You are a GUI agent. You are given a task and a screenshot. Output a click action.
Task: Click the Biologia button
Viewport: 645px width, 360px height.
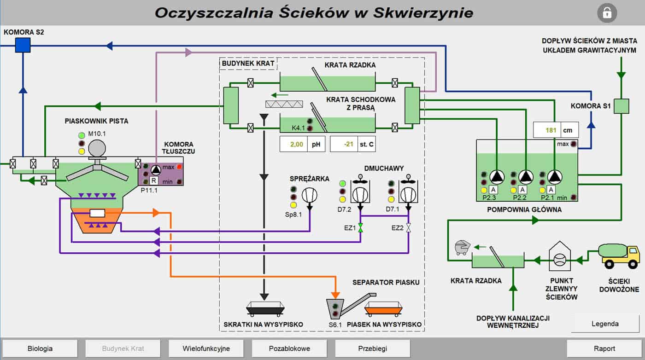[40, 348]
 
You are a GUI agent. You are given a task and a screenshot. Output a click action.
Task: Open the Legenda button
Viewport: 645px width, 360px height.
[605, 324]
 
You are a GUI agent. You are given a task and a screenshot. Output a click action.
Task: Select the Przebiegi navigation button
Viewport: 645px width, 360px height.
[372, 348]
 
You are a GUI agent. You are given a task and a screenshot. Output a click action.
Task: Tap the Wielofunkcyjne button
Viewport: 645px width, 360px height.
[206, 348]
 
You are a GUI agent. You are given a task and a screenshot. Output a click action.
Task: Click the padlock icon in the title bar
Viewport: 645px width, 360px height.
[607, 12]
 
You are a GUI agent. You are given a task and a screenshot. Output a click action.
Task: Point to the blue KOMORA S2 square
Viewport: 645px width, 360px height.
[23, 45]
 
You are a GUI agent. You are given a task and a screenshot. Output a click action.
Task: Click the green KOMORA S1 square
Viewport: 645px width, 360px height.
[622, 106]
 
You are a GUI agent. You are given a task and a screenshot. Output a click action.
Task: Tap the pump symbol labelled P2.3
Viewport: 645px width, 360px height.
[497, 177]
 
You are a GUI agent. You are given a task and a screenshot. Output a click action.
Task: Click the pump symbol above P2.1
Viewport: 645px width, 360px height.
[555, 177]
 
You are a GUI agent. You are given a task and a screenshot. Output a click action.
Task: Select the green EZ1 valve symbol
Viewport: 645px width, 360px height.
[361, 227]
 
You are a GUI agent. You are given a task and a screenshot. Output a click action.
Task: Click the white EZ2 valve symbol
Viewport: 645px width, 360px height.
[409, 227]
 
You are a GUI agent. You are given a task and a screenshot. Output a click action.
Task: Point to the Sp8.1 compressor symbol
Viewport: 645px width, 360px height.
[310, 195]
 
